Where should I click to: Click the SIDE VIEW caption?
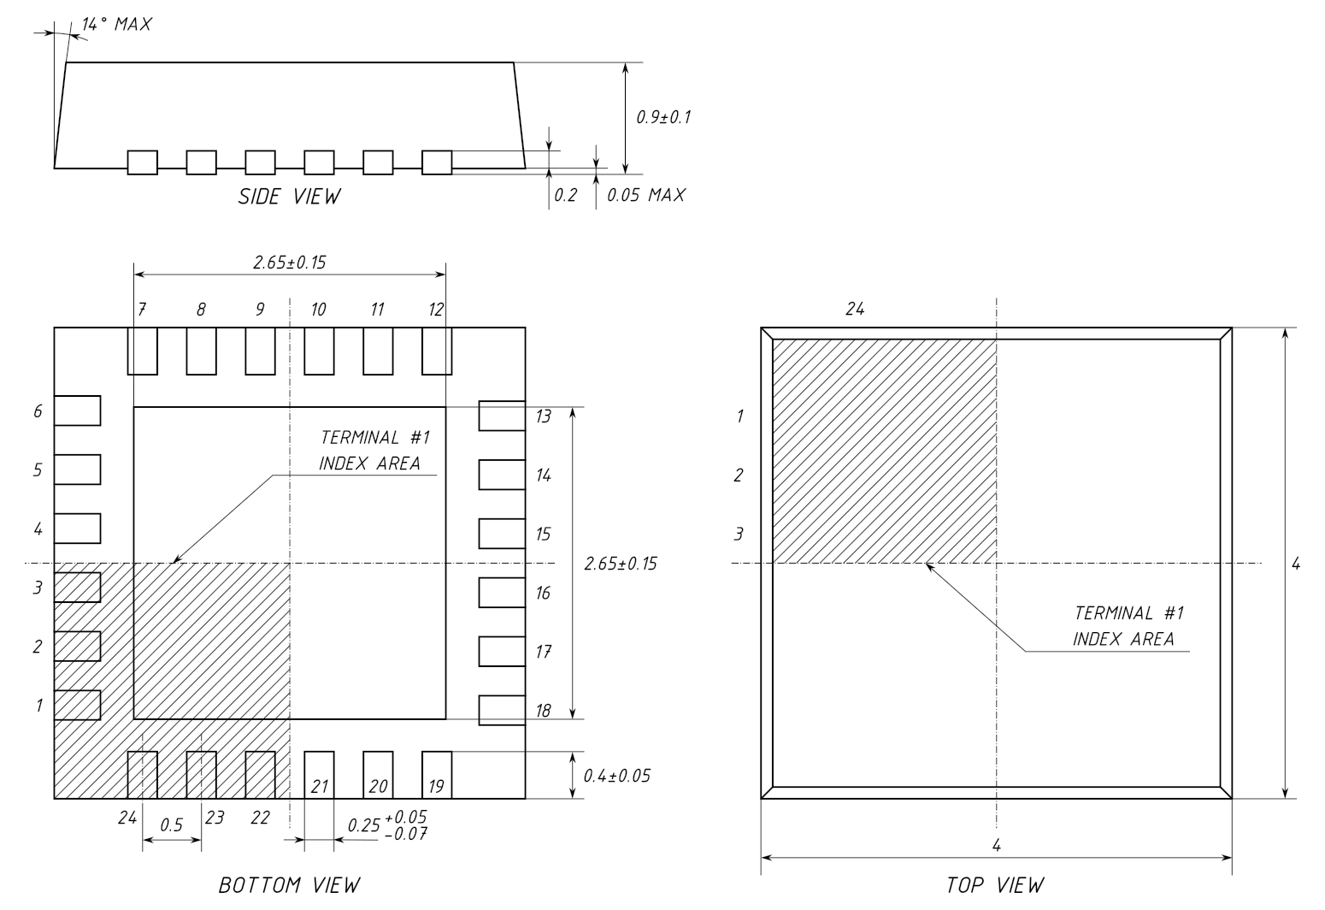coord(289,197)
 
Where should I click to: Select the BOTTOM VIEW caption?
coord(289,885)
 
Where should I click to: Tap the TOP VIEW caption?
coord(995,885)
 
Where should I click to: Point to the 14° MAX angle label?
coord(117,24)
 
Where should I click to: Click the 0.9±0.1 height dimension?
coord(663,117)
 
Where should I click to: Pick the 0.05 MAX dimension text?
coord(646,195)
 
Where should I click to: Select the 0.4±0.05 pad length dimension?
coord(617,776)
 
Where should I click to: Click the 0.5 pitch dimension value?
coord(172,824)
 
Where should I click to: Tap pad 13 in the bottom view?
coord(502,416)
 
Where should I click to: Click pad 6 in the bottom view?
coord(78,411)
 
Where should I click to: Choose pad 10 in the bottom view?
coord(320,351)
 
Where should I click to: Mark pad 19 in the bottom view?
coord(437,775)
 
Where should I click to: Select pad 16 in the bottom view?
coord(502,592)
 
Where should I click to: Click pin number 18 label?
coord(543,711)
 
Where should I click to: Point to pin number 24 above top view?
coord(855,309)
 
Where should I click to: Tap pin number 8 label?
coord(201,310)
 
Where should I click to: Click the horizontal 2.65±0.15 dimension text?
coord(289,263)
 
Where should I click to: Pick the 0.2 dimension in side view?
coord(566,195)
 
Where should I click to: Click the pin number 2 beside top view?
coord(739,476)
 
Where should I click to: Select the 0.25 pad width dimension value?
coord(363,824)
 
